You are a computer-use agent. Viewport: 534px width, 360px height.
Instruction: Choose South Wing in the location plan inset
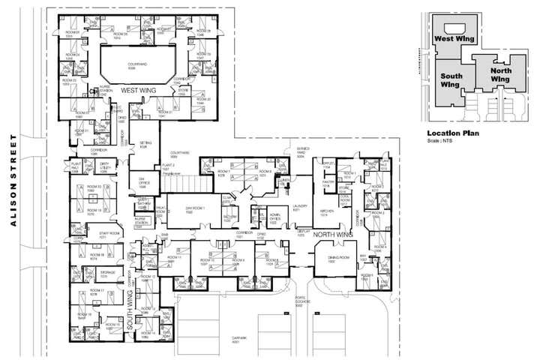coord(451,80)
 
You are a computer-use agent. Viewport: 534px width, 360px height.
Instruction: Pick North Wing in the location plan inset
coord(500,74)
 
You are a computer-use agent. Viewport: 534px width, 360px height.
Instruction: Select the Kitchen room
coord(327,213)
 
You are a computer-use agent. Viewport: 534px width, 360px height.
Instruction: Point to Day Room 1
coord(196,209)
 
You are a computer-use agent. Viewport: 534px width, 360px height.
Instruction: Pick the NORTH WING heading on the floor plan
coord(332,235)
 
